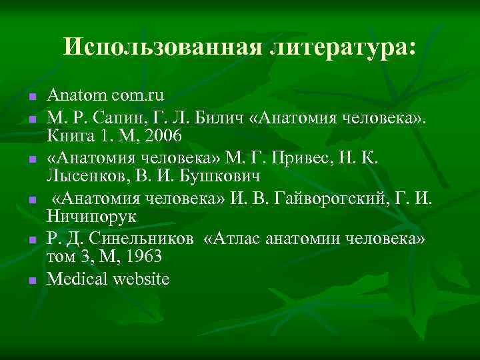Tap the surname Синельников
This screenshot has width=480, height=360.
(142, 239)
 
